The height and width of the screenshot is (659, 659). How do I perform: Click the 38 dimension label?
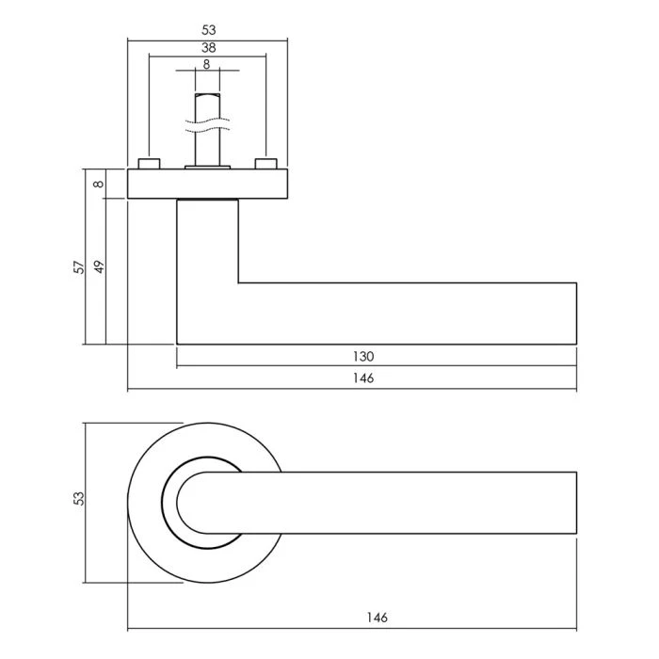[x=208, y=48]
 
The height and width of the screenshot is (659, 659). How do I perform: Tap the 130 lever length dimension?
[x=363, y=357]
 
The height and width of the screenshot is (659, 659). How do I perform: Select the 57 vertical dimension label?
[x=79, y=267]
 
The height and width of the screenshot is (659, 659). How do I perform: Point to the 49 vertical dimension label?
[x=99, y=267]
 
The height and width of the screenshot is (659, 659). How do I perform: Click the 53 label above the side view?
[x=208, y=30]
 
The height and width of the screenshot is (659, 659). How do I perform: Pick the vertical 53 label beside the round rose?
[x=79, y=498]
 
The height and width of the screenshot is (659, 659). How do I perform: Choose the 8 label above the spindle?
[x=206, y=65]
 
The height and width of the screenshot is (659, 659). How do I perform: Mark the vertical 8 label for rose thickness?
[x=99, y=184]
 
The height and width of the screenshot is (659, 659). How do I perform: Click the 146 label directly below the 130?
[x=363, y=378]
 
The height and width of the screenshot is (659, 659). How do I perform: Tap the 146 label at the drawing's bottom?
[x=377, y=618]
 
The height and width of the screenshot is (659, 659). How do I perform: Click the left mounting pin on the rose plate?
[x=149, y=164]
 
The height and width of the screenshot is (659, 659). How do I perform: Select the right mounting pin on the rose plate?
[x=266, y=164]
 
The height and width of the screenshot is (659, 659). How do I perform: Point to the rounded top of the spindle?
[x=208, y=95]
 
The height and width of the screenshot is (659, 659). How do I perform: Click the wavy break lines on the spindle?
[x=208, y=125]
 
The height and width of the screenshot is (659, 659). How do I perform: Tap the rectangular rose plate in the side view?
[x=208, y=184]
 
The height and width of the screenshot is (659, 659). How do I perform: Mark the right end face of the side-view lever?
[x=576, y=313]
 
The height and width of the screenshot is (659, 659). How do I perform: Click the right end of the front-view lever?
[x=576, y=503]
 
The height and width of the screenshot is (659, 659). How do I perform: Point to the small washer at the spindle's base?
[x=208, y=168]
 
